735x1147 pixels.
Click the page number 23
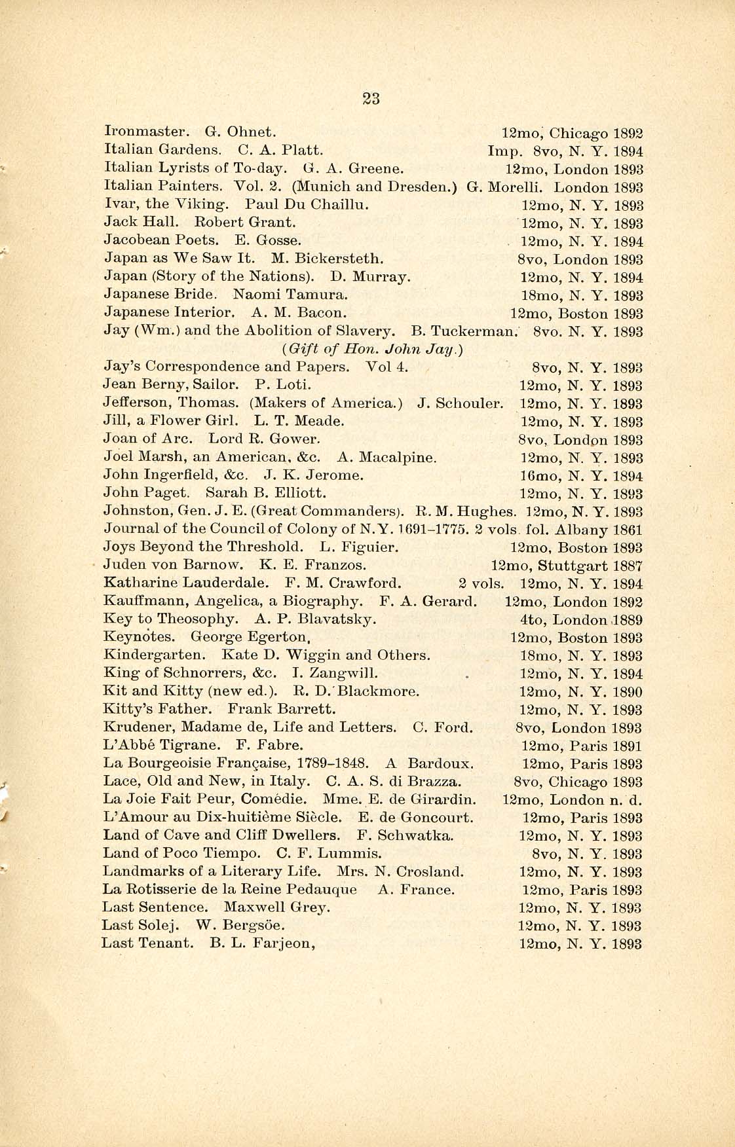(371, 98)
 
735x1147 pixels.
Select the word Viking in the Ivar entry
(202, 205)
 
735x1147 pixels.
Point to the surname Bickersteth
(341, 259)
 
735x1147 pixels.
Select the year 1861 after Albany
(628, 530)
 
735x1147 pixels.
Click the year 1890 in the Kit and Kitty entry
(628, 692)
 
